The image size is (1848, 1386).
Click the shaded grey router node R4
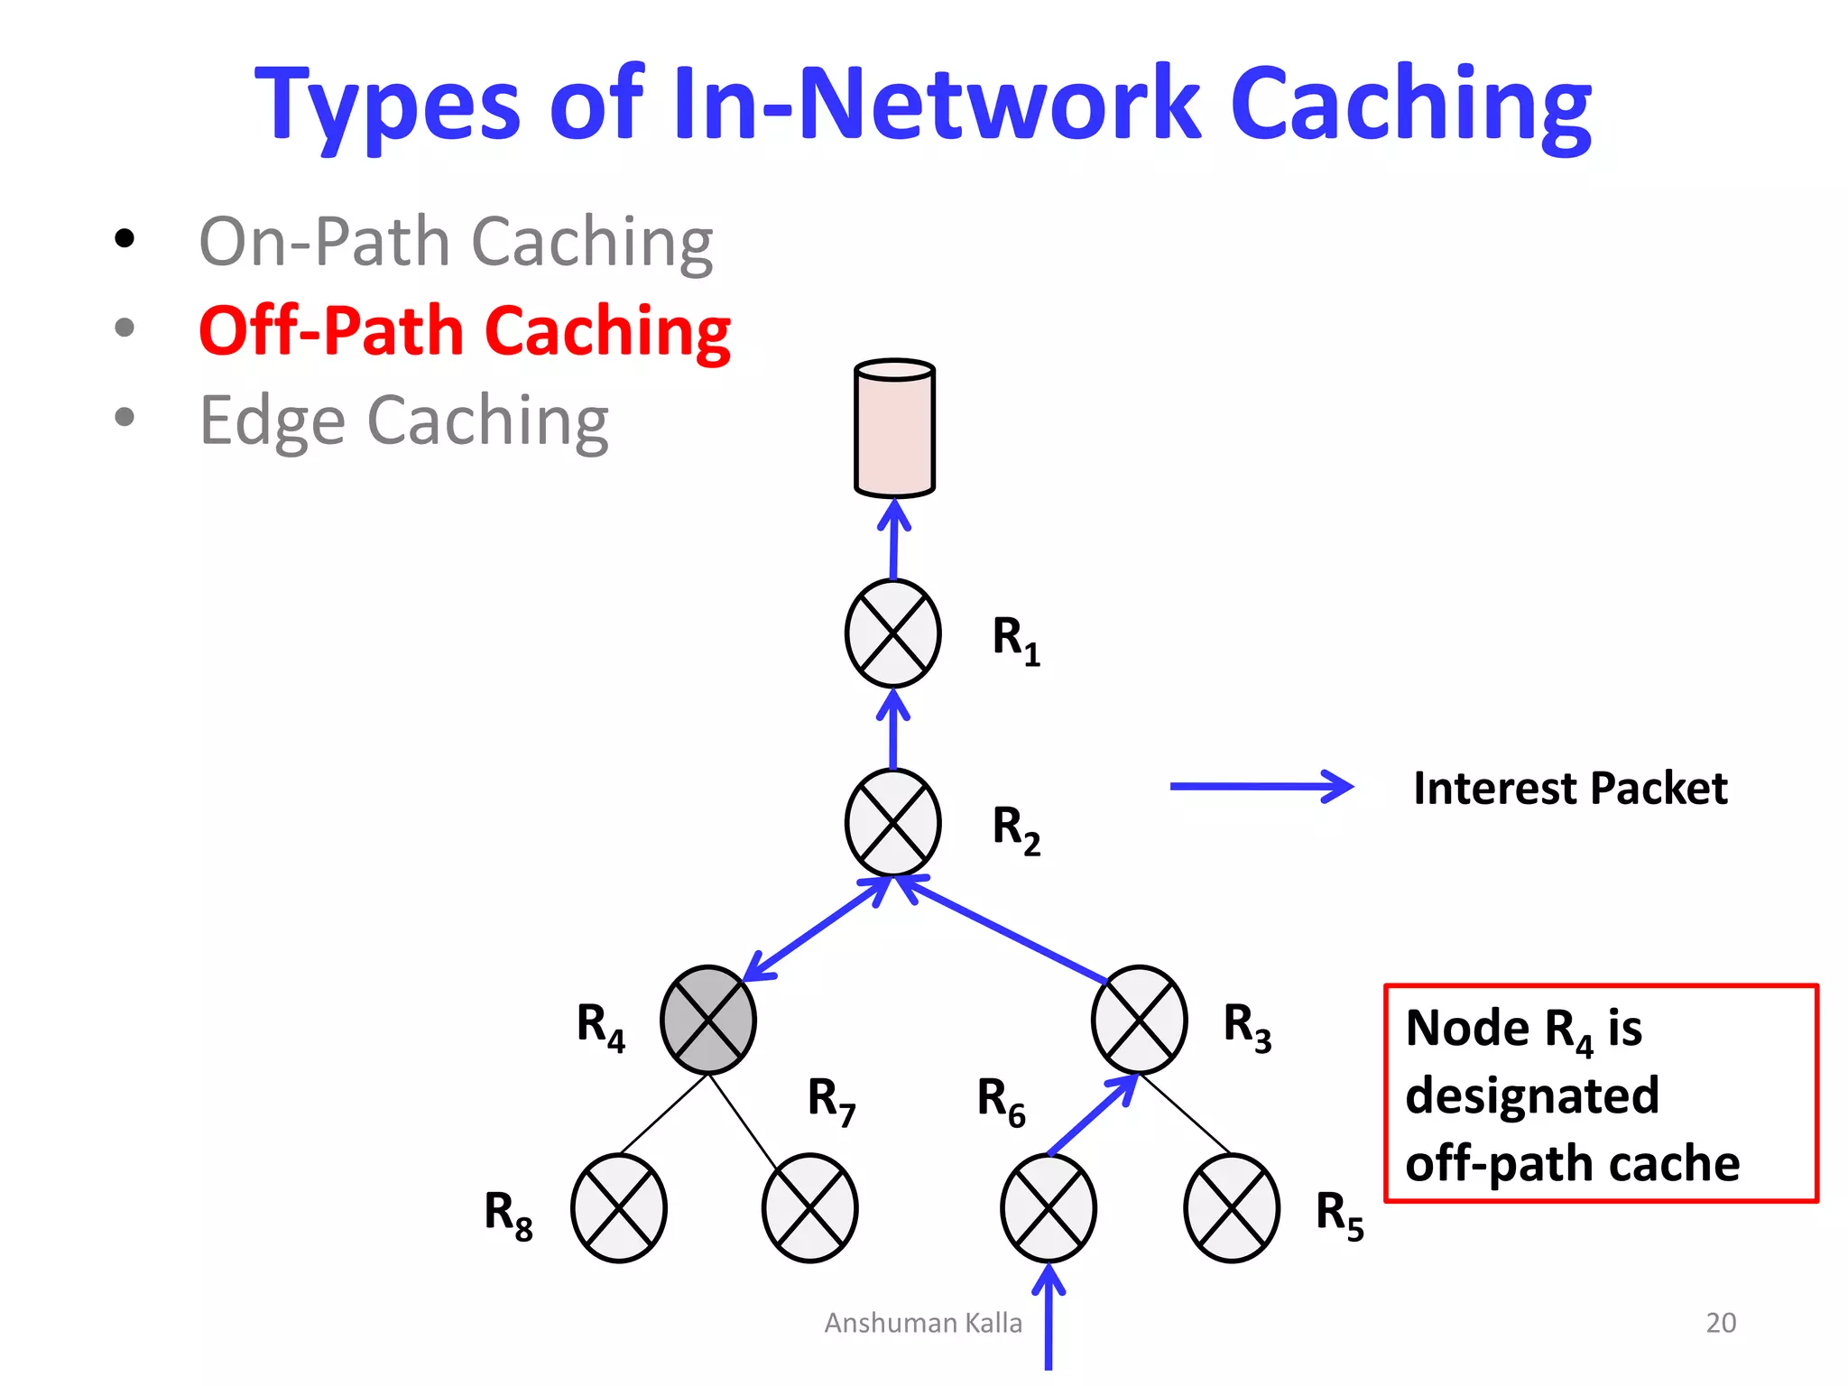(x=708, y=1020)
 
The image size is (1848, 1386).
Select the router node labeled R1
(x=893, y=633)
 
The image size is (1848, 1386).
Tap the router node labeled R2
(x=893, y=823)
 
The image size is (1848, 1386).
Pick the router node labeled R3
(x=1140, y=1020)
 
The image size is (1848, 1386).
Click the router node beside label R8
(x=619, y=1208)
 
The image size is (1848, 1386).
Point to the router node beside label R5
(x=1232, y=1208)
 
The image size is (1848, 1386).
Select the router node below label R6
(x=1049, y=1208)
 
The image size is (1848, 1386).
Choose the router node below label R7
(x=810, y=1208)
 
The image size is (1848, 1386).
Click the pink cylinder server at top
(x=895, y=429)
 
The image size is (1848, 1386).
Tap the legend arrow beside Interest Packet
(x=1261, y=787)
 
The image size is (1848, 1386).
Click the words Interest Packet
(x=1570, y=788)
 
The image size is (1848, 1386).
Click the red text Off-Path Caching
(x=464, y=331)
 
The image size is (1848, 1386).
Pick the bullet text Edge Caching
(x=403, y=420)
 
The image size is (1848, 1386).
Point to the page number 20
(x=1721, y=1322)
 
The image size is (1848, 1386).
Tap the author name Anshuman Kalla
(x=923, y=1323)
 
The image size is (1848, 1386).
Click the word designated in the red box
(x=1532, y=1095)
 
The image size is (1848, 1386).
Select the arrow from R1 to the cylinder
(x=894, y=539)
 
